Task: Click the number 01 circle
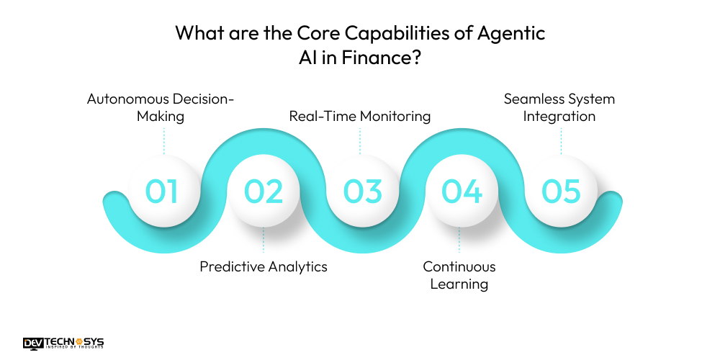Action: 162,191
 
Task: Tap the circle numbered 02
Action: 264,191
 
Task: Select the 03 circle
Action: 362,191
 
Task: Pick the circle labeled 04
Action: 461,191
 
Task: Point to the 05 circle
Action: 560,191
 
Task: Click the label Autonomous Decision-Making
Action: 161,107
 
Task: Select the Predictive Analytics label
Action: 264,266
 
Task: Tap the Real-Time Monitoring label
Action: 360,116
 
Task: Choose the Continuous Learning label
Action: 459,275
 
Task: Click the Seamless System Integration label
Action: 559,107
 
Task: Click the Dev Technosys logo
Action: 63,342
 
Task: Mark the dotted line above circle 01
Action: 163,141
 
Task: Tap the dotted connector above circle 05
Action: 560,141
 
